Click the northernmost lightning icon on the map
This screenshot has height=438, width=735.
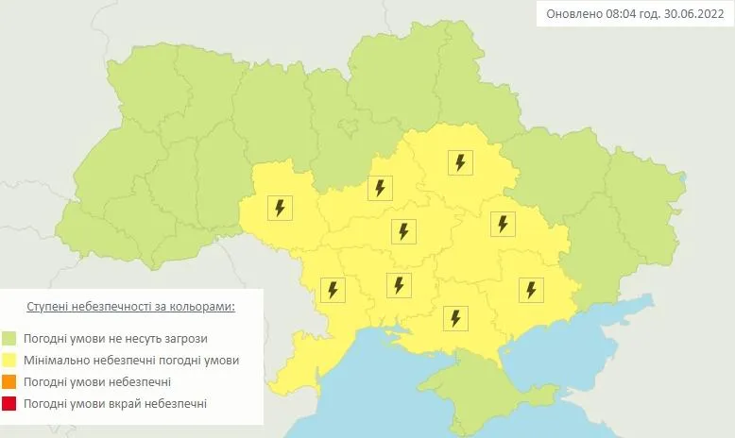pos(460,162)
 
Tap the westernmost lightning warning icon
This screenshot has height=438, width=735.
pos(280,208)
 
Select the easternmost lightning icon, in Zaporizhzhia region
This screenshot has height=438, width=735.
pos(531,290)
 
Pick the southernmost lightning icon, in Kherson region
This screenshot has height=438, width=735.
pos(455,318)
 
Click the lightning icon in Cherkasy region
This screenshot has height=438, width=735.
pos(380,188)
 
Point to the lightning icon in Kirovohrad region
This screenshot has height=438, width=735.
pos(403,230)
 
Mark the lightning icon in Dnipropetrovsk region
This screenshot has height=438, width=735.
pos(502,224)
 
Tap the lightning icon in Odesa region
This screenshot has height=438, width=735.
pos(332,290)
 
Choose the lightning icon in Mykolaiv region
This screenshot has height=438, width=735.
pos(399,284)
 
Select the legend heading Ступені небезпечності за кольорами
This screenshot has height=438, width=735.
pos(129,309)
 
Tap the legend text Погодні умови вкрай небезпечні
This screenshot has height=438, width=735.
pos(116,404)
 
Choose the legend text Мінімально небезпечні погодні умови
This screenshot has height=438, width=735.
pos(132,361)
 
